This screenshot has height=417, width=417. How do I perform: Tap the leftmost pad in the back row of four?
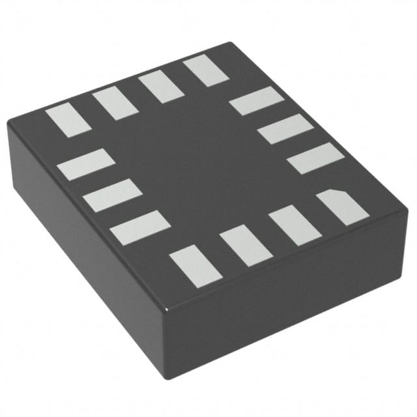point(68,121)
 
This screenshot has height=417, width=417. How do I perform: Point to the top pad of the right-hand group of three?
point(256,101)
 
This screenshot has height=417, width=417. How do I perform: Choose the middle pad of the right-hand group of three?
point(285,129)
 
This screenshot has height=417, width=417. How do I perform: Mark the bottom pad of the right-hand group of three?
point(315,158)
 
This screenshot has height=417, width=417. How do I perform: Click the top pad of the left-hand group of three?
point(85,164)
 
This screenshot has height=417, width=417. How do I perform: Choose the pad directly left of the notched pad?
point(294,225)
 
